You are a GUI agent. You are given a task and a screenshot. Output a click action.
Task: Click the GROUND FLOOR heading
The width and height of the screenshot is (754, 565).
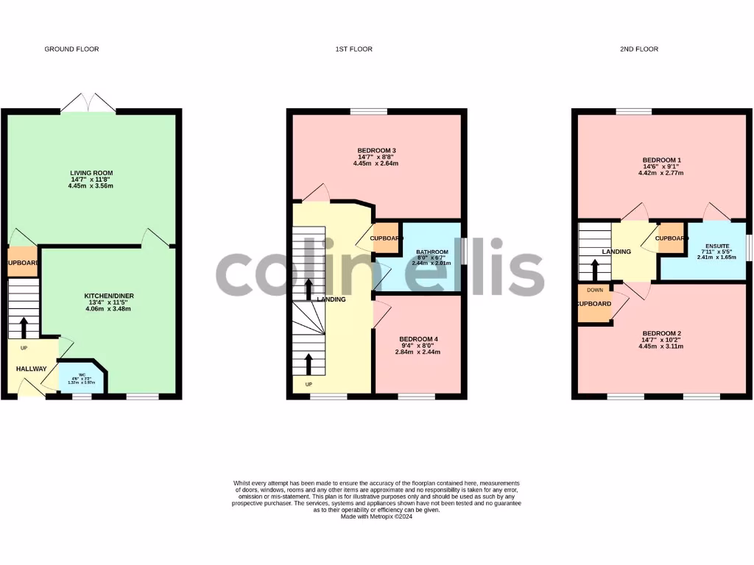(71, 49)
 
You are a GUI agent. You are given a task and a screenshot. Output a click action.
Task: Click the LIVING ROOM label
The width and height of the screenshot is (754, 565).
(91, 173)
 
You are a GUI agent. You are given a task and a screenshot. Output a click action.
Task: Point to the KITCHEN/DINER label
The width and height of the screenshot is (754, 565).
(108, 296)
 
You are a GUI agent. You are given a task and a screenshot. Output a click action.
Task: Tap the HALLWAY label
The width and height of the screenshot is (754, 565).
(32, 369)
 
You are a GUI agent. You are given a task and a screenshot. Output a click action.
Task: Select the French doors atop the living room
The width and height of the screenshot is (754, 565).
(88, 104)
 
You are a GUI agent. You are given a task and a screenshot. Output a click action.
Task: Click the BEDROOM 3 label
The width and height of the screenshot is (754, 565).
(377, 151)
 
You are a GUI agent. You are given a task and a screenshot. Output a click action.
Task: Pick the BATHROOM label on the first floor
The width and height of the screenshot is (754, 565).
(432, 252)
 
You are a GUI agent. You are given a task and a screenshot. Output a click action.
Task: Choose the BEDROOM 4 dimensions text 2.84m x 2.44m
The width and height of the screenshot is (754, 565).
(418, 352)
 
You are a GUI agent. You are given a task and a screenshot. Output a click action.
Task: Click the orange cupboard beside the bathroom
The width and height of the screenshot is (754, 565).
(387, 238)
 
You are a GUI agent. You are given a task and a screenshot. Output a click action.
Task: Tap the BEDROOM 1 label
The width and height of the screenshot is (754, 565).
(662, 160)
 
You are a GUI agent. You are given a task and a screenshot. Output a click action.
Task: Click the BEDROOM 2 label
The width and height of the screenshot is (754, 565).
(661, 333)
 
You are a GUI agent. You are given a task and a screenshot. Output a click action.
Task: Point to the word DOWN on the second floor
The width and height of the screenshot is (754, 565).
(595, 290)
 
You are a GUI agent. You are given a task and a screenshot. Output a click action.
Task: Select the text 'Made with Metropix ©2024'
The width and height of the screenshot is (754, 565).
(377, 516)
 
